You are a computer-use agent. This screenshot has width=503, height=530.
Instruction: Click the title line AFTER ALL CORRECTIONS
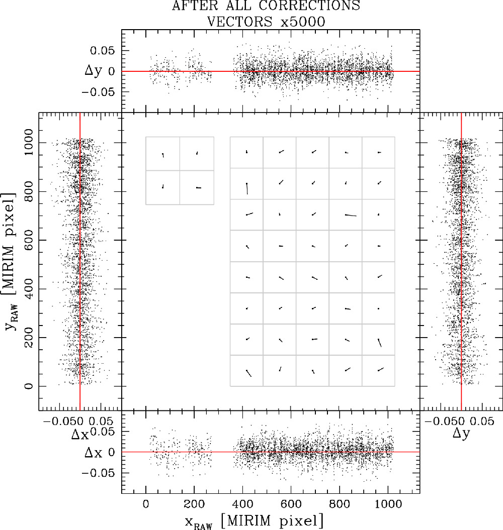pyautogui.click(x=266, y=7)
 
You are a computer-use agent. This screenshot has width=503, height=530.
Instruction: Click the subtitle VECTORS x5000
pyautogui.click(x=266, y=21)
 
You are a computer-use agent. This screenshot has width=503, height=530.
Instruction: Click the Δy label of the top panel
pyautogui.click(x=98, y=71)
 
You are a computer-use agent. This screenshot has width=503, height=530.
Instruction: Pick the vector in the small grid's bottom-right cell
pyautogui.click(x=198, y=187)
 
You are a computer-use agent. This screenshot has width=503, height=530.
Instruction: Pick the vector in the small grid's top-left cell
pyautogui.click(x=163, y=155)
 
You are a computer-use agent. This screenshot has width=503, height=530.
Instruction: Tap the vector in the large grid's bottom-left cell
pyautogui.click(x=248, y=373)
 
